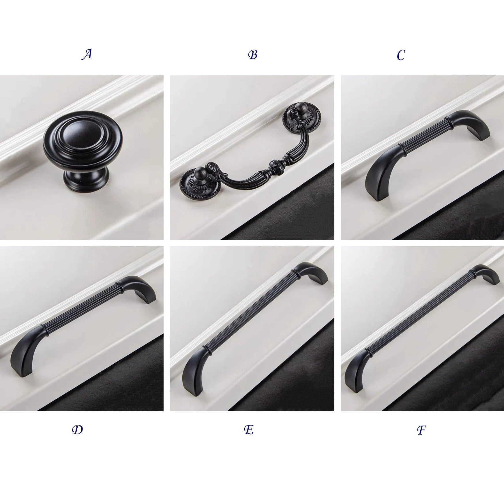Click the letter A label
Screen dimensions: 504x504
[x=87, y=54]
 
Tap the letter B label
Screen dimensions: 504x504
[x=252, y=55]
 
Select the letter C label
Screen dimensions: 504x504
[x=401, y=55]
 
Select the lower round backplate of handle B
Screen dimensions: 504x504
[x=197, y=182]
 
